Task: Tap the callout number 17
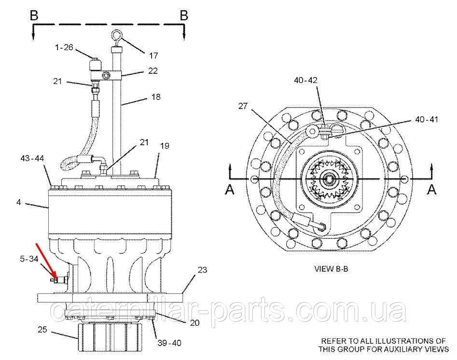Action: (154, 56)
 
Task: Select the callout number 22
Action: (152, 70)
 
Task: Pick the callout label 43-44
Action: (32, 158)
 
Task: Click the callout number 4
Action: (18, 203)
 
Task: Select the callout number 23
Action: (202, 270)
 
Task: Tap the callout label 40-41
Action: (427, 119)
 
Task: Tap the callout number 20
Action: (194, 323)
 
